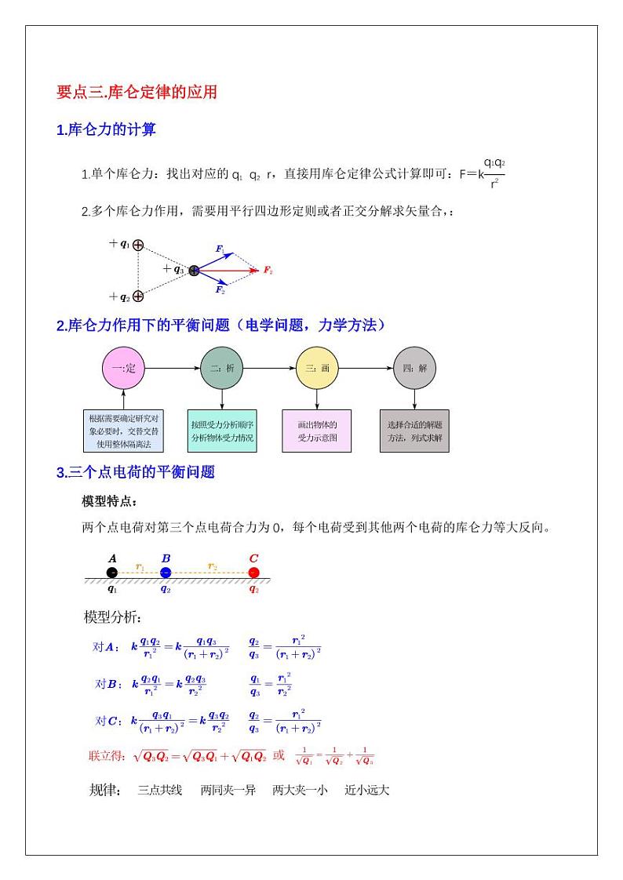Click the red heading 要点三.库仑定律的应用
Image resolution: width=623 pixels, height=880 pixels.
pos(137,93)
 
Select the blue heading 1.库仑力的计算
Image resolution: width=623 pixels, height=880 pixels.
pos(106,130)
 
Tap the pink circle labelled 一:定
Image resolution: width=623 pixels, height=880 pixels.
pos(124,368)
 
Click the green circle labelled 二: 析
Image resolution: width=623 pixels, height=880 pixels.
pos(222,368)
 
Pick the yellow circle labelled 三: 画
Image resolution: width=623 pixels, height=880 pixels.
pos(317,368)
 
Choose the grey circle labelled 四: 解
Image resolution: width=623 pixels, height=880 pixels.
pos(414,368)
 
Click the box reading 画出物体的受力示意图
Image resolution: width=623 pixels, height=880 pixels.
pos(316,431)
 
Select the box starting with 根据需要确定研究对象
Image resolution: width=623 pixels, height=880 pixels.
pos(123,431)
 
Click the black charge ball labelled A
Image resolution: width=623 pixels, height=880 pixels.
pos(112,573)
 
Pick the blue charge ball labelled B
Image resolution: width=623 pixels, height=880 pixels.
pos(166,573)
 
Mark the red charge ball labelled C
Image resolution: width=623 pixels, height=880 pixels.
pos(253,573)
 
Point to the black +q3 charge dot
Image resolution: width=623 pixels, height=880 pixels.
pos(194,271)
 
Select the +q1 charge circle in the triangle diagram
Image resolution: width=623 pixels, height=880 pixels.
pos(138,245)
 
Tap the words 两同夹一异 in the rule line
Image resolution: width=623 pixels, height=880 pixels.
pos(228,790)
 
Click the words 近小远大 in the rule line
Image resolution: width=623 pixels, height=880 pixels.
pos(366,790)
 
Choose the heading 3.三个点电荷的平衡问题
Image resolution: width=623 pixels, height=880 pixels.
pos(136,472)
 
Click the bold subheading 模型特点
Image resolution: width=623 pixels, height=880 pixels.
pos(109,501)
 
